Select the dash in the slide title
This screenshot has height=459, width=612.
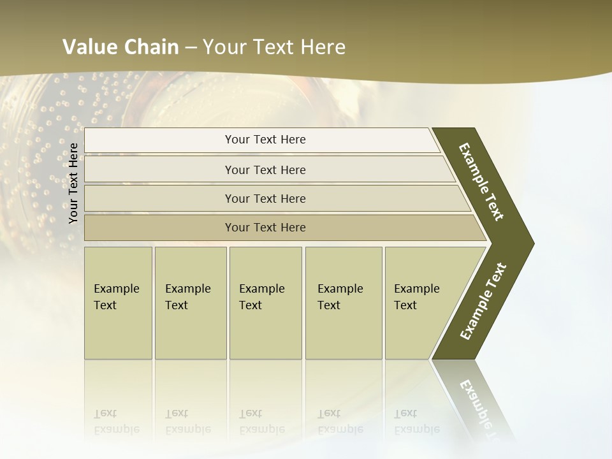pos(191,48)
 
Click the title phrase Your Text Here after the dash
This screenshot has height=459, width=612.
pos(274,47)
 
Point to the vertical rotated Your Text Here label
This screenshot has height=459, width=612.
pos(73,183)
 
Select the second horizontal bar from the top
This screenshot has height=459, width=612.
pos(265,170)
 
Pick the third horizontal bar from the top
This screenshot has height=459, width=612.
pos(265,198)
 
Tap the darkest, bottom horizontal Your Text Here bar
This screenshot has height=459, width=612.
pos(265,228)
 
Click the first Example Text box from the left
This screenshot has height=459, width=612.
pos(118,303)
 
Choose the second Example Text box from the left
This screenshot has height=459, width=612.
pos(190,303)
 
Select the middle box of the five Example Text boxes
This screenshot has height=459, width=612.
pos(265,303)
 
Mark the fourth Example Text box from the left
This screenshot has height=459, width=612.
pos(343,303)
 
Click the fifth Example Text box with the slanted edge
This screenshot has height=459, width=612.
pos(421,303)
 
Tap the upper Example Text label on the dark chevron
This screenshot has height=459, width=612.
pos(481,182)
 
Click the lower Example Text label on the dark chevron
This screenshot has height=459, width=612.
pos(483,301)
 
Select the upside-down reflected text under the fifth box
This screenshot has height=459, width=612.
pos(416,421)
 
